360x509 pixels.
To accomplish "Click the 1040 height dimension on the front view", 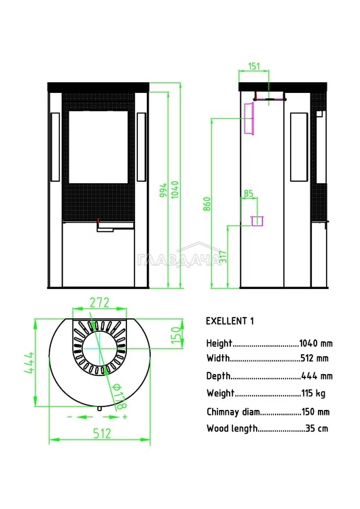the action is (175, 190).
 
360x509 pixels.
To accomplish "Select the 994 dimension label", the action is (163, 190).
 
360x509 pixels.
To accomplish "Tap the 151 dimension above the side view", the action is (254, 67).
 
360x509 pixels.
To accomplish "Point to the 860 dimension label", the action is (207, 204).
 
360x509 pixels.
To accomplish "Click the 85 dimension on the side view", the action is (249, 194).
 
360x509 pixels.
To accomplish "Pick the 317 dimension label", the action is (223, 257).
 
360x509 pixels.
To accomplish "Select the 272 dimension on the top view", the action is (99, 303).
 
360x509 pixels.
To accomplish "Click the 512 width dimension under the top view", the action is (102, 434).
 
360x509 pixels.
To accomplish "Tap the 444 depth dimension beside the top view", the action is (30, 362).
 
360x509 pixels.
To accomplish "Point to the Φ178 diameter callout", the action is (119, 396).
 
